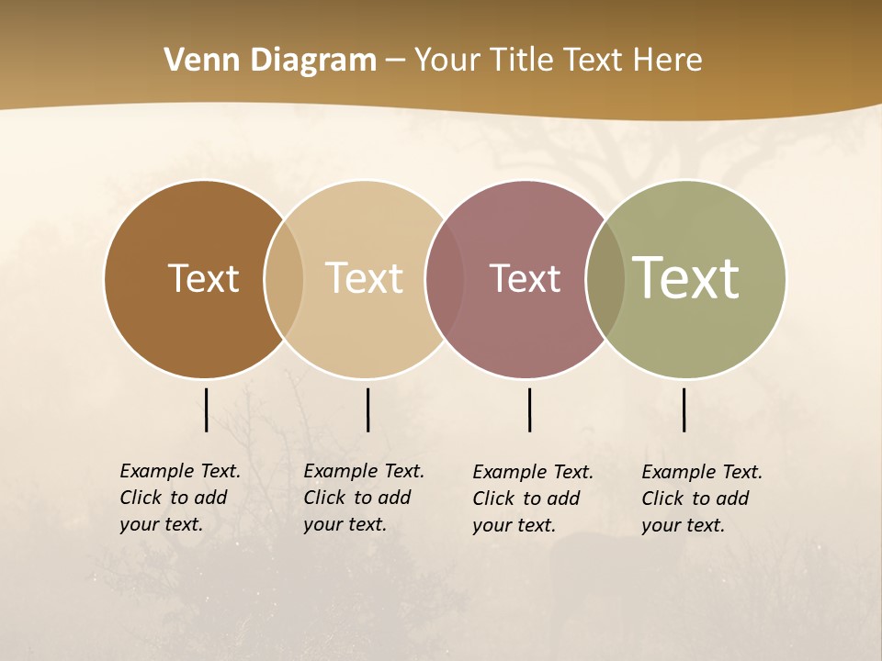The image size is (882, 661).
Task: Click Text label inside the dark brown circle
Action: click(203, 278)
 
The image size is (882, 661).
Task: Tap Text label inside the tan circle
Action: click(364, 278)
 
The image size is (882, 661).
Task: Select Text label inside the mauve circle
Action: click(525, 278)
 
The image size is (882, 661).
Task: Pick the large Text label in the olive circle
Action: click(685, 278)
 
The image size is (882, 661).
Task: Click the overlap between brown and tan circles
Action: click(284, 279)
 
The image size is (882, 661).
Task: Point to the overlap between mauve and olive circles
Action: click(605, 279)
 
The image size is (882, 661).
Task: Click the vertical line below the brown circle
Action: click(206, 409)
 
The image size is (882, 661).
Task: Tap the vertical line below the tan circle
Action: click(367, 409)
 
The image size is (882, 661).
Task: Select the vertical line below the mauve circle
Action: click(529, 409)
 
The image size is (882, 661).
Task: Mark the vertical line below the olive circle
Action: click(684, 409)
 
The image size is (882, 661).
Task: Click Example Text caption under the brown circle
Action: click(180, 471)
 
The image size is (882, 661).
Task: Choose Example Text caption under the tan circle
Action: click(364, 471)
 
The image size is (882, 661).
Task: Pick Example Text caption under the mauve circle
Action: click(533, 472)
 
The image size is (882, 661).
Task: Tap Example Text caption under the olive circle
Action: click(702, 472)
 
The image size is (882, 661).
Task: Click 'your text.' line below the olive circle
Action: click(683, 525)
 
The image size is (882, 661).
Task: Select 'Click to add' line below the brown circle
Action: click(173, 498)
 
